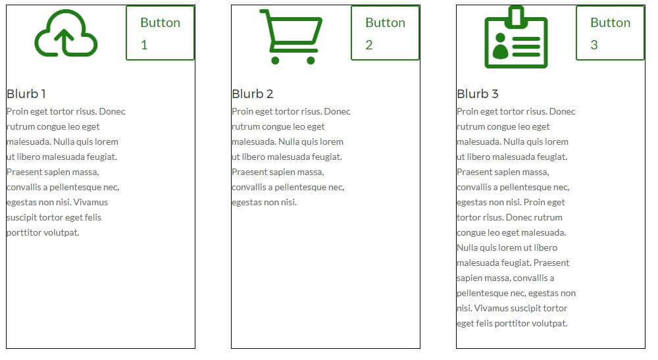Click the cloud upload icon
66,34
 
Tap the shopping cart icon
291,37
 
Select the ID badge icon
516,38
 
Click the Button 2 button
385,33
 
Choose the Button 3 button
610,33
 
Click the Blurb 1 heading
26,94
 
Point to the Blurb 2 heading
253,94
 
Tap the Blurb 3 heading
478,94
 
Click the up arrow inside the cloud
64,42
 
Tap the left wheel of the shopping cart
276,61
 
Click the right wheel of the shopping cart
311,61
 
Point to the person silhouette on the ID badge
500,47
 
